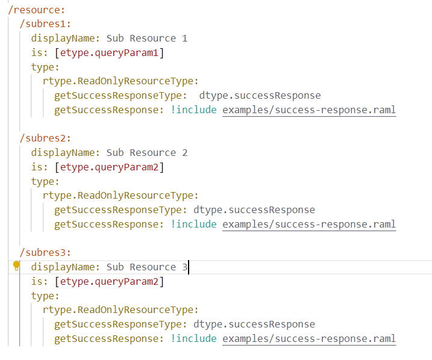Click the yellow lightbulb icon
coord(17,265)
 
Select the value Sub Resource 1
coord(146,39)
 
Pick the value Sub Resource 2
coord(146,153)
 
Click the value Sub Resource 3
coord(146,267)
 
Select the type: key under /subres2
coord(45,182)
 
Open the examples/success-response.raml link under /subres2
coord(309,225)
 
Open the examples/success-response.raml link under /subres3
coord(309,339)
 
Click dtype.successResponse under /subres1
coord(260,96)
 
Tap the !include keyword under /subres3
coord(193,339)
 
